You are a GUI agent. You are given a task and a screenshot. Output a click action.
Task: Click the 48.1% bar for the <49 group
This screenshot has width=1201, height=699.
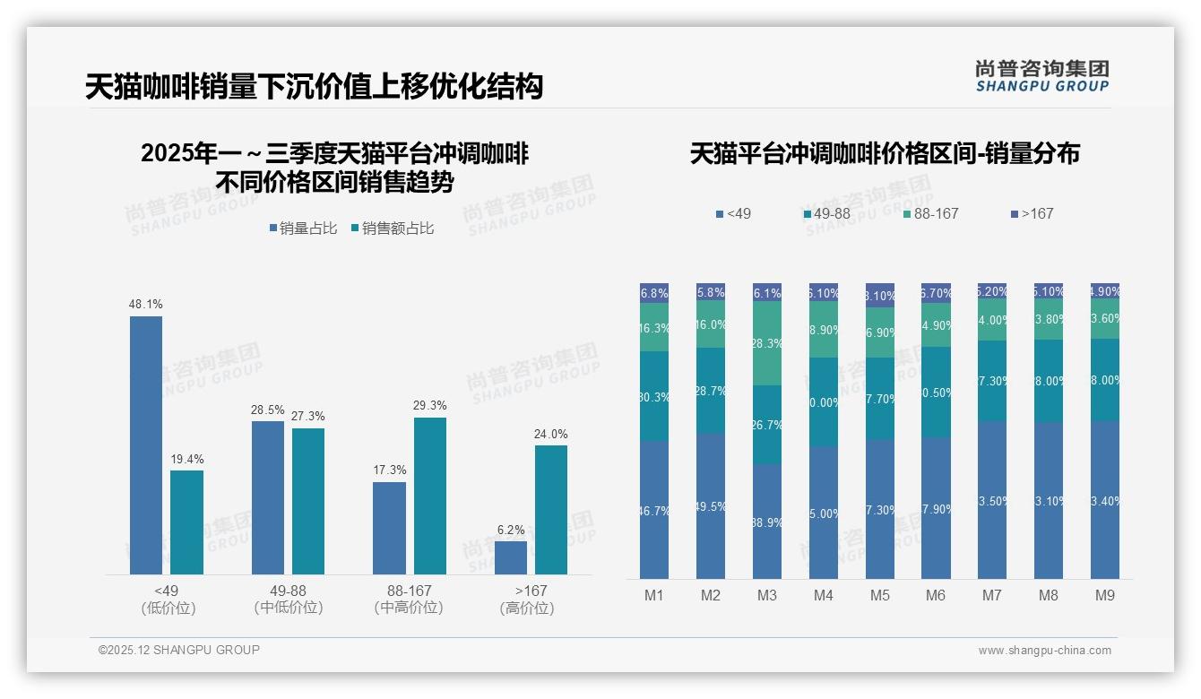[146, 444]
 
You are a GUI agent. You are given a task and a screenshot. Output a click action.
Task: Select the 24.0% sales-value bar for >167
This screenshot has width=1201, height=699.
[551, 509]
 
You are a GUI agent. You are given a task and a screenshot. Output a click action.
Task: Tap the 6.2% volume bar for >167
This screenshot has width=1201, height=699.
[511, 557]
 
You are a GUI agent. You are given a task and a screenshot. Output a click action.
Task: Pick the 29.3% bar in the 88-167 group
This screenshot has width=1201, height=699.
[430, 496]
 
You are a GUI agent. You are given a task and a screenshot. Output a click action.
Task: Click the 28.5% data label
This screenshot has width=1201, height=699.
[268, 410]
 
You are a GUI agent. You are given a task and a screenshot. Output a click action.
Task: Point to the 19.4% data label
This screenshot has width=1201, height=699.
[187, 460]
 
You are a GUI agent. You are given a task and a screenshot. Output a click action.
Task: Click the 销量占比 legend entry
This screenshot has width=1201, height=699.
[303, 229]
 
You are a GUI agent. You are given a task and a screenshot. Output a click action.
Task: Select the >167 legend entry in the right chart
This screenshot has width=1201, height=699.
[1033, 214]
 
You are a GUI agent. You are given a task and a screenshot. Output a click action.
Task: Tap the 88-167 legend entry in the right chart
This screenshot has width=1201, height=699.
[931, 214]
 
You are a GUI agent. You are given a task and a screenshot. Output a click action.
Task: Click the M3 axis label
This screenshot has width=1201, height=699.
[766, 595]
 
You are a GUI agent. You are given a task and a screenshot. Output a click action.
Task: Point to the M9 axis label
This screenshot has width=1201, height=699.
[1105, 595]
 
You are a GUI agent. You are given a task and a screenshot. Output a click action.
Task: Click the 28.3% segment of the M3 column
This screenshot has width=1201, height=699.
[767, 343]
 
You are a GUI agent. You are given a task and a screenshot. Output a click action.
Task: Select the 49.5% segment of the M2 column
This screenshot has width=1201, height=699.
[711, 506]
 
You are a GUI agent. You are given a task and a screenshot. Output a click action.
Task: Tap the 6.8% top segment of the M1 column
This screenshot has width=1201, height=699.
[654, 293]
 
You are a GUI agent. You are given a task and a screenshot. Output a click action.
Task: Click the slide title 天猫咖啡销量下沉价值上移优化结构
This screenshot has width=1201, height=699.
[314, 87]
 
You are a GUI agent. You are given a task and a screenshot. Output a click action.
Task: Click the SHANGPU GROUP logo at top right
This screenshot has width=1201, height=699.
[1041, 76]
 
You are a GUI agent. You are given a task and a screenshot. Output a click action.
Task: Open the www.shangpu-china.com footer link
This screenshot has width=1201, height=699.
[1044, 651]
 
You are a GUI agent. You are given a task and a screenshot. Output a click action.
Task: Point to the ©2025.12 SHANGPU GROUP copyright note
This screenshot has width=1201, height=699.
[179, 651]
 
